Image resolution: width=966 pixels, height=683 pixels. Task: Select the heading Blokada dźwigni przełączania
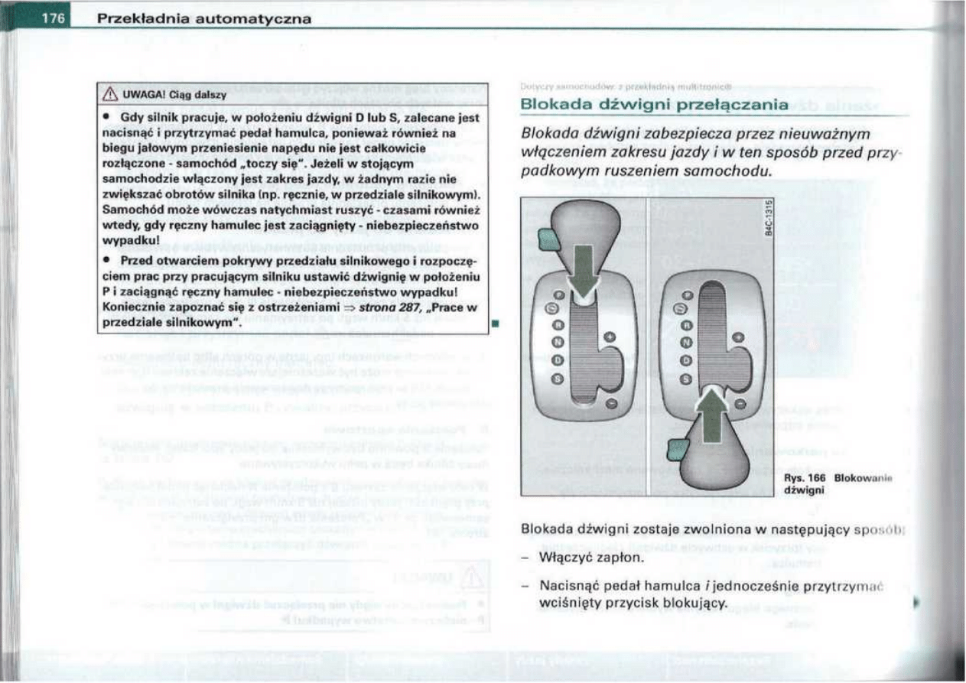pos(652,104)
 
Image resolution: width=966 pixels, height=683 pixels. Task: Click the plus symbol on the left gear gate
pos(609,337)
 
